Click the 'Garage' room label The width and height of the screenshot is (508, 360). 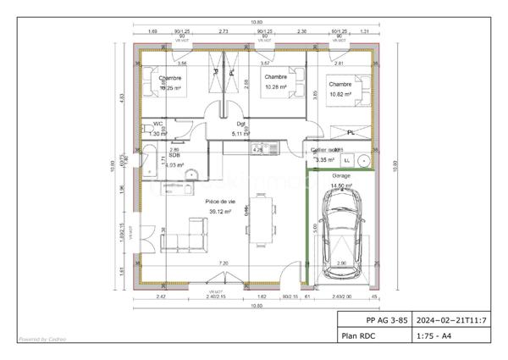point(340,175)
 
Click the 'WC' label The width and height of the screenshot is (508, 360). point(157,124)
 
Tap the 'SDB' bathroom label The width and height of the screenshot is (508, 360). point(174,155)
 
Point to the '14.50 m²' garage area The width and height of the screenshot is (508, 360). point(341,186)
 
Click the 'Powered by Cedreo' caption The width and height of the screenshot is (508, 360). point(41,340)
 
